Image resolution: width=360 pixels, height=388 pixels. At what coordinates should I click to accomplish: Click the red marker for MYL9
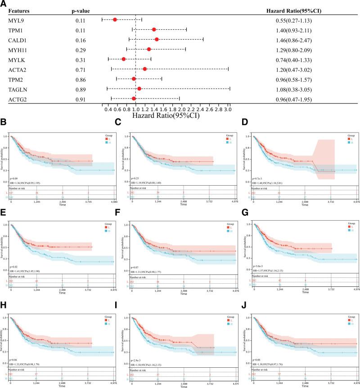[115, 20]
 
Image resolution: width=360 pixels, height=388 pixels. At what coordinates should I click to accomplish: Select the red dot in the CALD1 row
[157, 39]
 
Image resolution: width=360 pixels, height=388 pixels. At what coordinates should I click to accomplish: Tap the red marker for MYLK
[124, 59]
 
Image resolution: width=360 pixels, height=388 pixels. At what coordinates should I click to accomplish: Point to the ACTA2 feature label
[17, 69]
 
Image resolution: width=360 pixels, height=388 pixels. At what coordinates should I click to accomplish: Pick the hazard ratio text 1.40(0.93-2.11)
[297, 30]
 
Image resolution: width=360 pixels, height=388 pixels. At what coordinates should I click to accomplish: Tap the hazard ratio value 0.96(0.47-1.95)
[297, 98]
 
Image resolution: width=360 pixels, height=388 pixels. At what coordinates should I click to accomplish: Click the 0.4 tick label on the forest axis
[108, 109]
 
